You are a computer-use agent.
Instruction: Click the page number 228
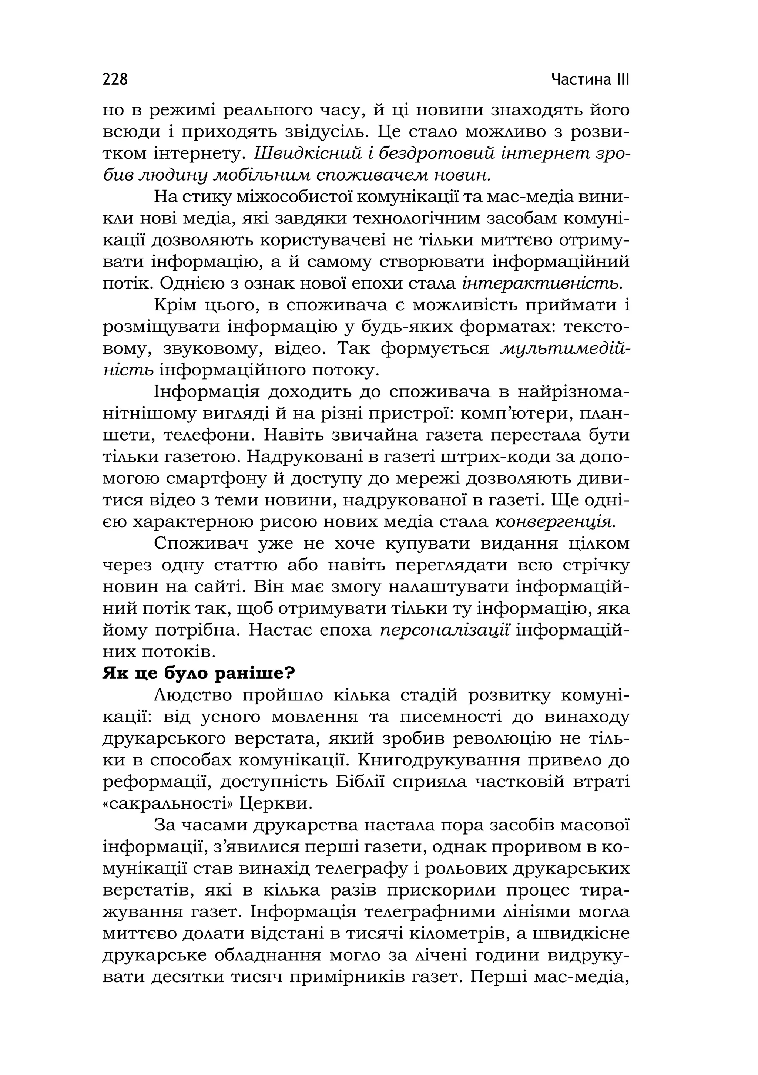[x=115, y=79]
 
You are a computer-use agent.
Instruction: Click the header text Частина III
[x=590, y=79]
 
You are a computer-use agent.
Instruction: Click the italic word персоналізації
[x=445, y=630]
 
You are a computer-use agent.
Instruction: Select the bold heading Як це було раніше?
[x=199, y=673]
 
